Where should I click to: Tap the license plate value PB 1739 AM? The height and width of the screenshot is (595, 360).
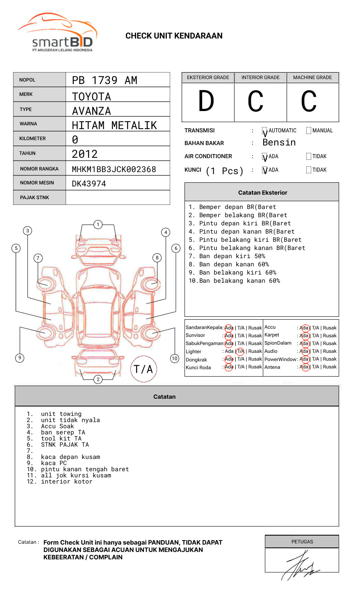coord(105,80)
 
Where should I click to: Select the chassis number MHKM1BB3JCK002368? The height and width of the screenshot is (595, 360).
coord(114,169)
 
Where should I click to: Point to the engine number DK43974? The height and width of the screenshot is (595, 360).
coord(89,184)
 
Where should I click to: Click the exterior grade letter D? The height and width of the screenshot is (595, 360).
coord(206,102)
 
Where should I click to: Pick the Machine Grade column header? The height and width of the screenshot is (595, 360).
coord(312,77)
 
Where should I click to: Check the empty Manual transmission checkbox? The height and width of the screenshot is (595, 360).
coord(309,131)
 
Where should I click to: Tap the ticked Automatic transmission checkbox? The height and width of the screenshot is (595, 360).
coord(265,131)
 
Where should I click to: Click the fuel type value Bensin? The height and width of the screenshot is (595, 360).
coord(279,143)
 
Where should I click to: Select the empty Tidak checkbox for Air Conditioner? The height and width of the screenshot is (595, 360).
coord(309,157)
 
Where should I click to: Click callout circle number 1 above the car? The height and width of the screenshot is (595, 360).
coord(98,224)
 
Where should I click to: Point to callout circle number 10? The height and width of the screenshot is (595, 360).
coord(175,358)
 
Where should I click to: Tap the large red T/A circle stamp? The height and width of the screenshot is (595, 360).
coord(144,369)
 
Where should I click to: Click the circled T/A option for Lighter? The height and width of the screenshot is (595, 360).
coord(240,351)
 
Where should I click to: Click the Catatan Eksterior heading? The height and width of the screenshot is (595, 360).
coord(262,193)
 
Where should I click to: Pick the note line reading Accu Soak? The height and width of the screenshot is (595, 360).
coord(57,426)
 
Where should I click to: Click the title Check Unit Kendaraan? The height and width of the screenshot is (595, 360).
coord(174,36)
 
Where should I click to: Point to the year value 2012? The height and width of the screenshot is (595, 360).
coord(84,154)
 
